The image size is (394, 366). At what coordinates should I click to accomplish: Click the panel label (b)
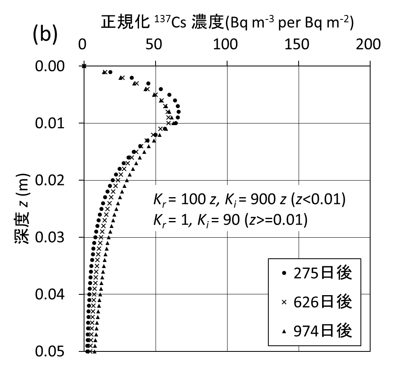44,35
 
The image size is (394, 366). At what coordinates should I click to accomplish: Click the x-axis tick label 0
83,45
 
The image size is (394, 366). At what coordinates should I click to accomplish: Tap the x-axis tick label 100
226,45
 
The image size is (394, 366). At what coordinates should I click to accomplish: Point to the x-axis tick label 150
298,45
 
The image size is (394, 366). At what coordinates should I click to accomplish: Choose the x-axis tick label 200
369,45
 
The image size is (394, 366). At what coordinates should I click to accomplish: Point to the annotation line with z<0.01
248,200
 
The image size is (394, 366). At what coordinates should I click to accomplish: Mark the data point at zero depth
84,66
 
